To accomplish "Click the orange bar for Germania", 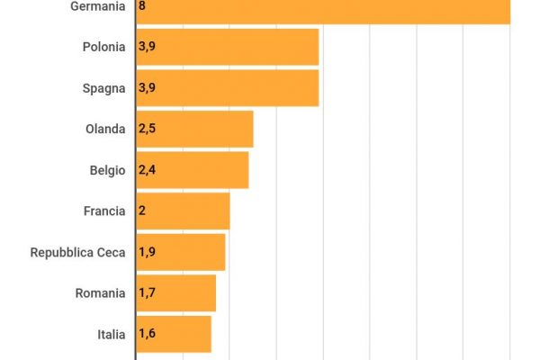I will coord(324,9).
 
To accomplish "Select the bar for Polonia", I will coord(228,47).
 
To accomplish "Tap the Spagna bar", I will coord(228,87).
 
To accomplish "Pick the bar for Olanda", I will coord(194,129).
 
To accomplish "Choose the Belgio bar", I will coord(193,170).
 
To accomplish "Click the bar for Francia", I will coord(183,211).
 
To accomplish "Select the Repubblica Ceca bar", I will coord(181,252).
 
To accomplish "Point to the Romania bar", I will coord(176,292).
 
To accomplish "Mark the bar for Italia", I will coord(174,334).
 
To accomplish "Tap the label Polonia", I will coord(103,47).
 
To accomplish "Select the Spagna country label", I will coord(104,87).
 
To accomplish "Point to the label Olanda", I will coord(105,129).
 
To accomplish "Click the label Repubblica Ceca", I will coord(78,252).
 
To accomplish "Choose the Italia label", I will coord(112,334).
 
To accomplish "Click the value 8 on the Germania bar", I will coord(143,6).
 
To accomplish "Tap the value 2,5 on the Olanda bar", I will coord(148,129).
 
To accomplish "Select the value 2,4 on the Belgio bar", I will coord(148,170).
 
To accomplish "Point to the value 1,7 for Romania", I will coord(147,292).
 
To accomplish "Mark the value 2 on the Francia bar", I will coord(143,211).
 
